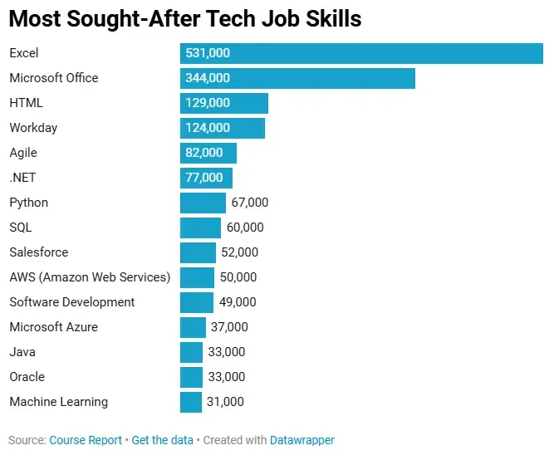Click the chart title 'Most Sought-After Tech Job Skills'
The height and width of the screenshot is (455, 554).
point(185,19)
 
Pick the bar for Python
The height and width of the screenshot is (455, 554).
point(203,203)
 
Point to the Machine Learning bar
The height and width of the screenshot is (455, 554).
point(191,402)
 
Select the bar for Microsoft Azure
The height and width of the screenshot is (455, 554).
point(193,327)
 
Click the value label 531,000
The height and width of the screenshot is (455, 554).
point(208,53)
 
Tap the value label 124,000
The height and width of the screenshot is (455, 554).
point(208,128)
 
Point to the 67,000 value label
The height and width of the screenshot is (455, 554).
point(250,203)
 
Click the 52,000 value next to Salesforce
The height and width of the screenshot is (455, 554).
point(240,252)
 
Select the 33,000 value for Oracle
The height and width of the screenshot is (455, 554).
point(227,377)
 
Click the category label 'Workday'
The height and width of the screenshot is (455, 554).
point(33,128)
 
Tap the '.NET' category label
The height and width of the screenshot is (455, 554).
point(22,178)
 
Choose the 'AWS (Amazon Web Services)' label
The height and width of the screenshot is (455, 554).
point(90,277)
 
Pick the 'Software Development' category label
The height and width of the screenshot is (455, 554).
point(71,302)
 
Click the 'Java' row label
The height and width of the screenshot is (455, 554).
point(22,352)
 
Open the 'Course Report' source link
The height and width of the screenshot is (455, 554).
point(86,440)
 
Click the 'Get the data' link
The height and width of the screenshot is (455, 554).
point(162,440)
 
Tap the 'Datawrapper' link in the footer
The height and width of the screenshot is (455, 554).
point(302,440)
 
